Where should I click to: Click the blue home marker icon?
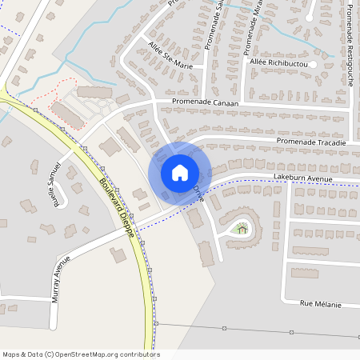pyautogui.click(x=180, y=172)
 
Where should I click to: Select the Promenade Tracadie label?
pyautogui.click(x=311, y=142)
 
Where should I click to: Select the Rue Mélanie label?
pyautogui.click(x=320, y=304)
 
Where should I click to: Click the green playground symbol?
pyautogui.click(x=242, y=230)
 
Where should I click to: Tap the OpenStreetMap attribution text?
pyautogui.click(x=81, y=354)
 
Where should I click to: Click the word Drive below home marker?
pyautogui.click(x=198, y=194)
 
